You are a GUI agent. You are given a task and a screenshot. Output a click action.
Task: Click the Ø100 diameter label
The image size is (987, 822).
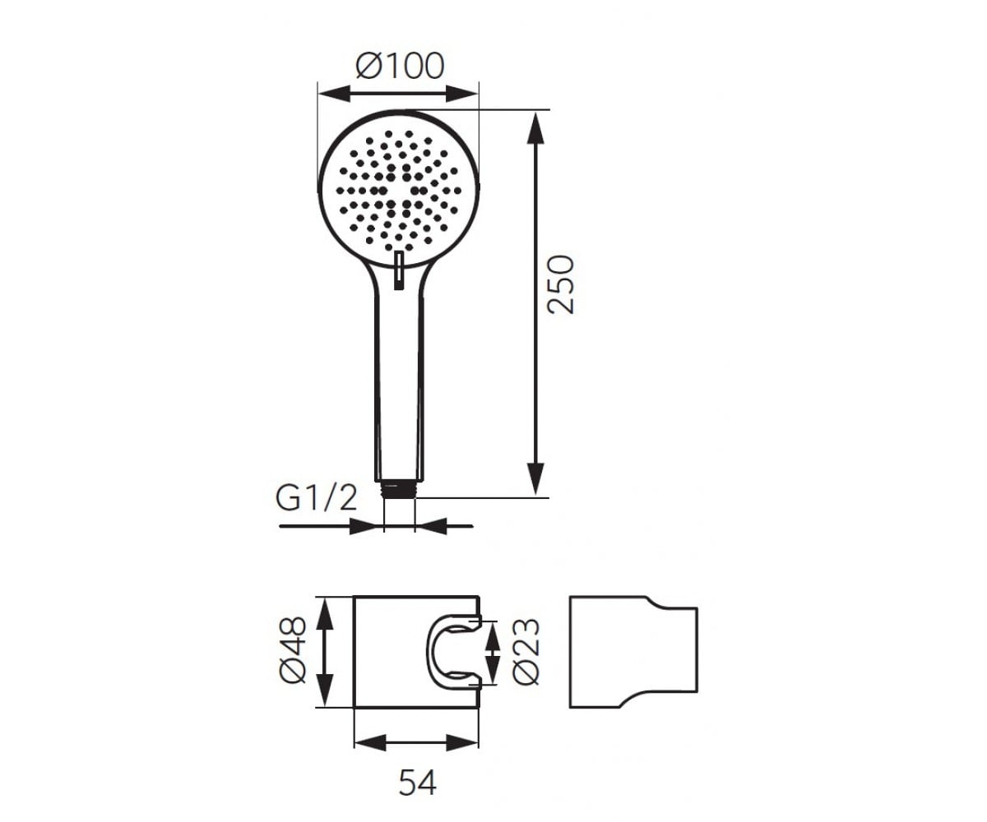pos(400,66)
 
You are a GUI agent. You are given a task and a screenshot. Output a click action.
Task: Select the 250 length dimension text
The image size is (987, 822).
pos(560,285)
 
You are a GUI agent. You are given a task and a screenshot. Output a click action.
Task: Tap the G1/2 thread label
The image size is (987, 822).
pos(316,498)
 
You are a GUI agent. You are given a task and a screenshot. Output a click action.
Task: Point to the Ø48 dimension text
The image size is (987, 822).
pos(293,652)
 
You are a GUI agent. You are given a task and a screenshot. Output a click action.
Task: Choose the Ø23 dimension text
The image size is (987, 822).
pos(526,652)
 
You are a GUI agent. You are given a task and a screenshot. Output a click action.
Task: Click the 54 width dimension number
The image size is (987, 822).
pos(417,783)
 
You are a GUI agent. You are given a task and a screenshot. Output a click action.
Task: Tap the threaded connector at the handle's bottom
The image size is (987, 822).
pos(400,489)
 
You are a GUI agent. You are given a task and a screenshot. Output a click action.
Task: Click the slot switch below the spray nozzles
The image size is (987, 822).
pos(400,270)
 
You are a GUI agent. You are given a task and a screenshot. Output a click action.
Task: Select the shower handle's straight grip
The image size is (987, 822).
pos(400,387)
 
